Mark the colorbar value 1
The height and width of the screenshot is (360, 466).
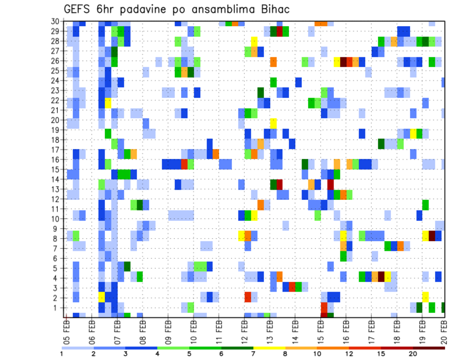[62, 354]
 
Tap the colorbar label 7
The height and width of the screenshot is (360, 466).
[253, 354]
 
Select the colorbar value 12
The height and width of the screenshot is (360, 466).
[349, 354]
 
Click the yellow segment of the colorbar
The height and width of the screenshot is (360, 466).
[269, 348]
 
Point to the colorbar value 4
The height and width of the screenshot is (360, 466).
[158, 354]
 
